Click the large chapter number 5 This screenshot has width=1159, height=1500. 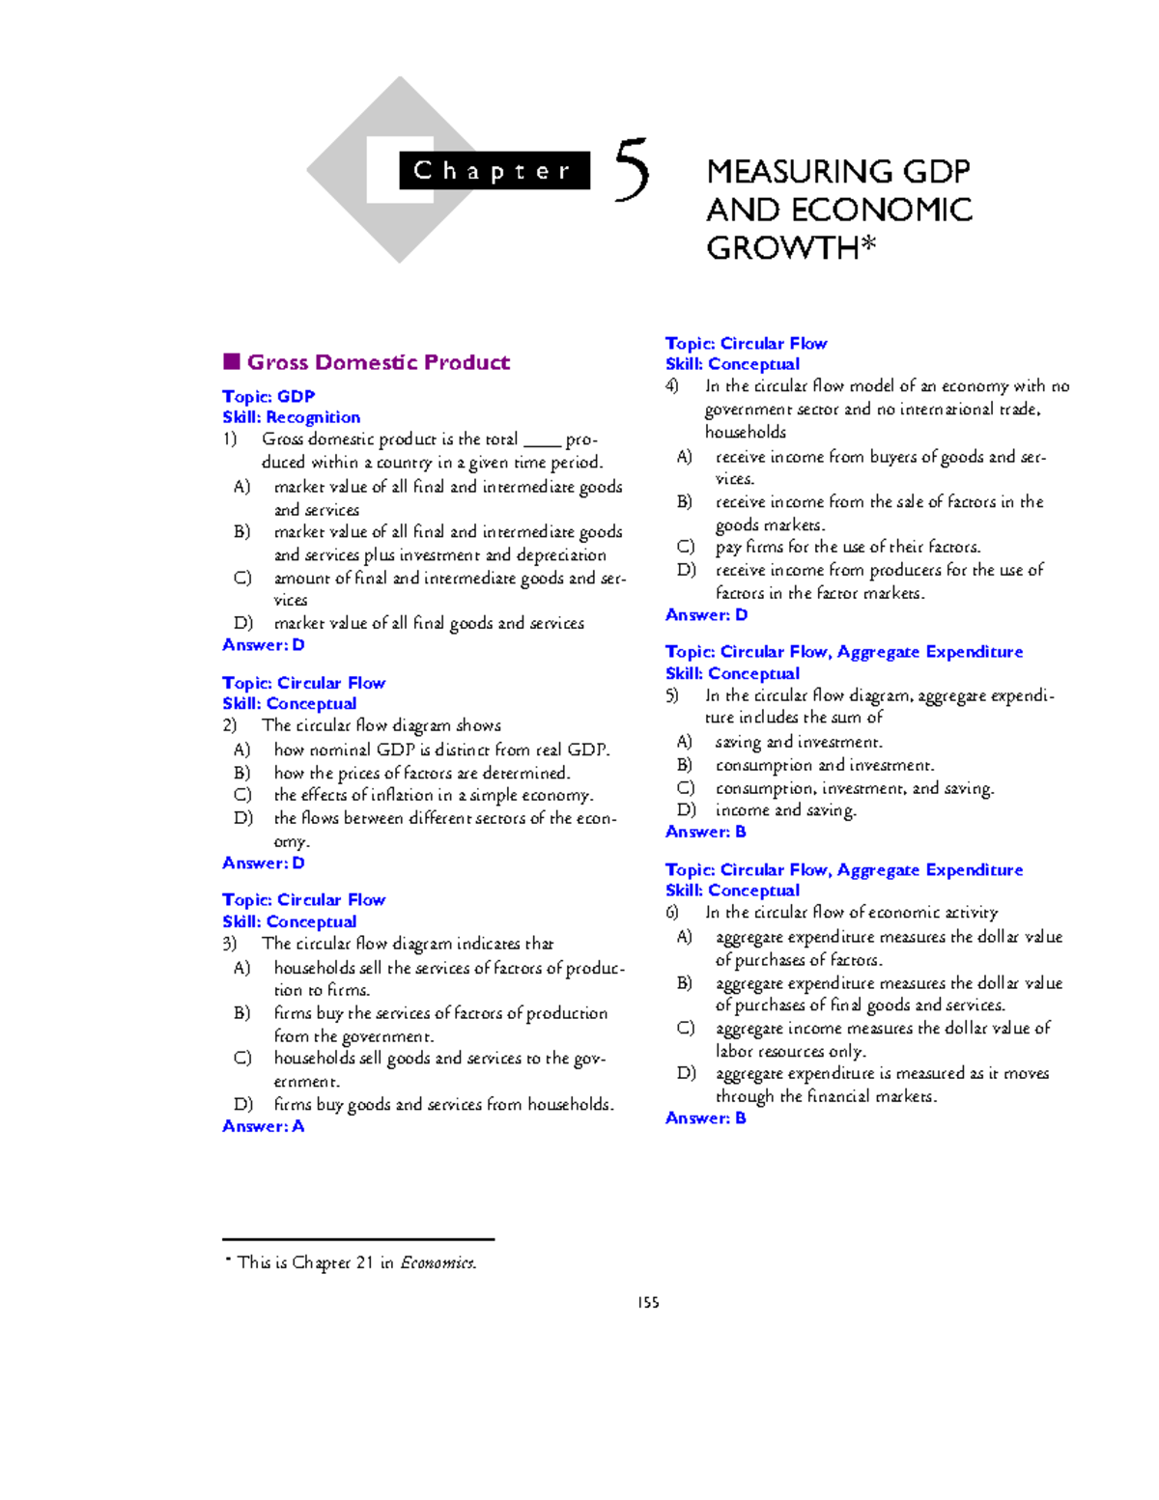632,171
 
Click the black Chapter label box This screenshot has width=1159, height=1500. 494,171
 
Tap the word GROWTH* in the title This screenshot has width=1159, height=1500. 790,248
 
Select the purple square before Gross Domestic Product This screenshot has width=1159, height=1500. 231,362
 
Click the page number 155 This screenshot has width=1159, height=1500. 648,1302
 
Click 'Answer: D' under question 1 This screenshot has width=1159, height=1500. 263,645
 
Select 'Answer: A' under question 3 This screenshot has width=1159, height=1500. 263,1126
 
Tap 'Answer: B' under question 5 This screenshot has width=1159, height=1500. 705,832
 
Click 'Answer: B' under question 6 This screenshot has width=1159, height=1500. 705,1118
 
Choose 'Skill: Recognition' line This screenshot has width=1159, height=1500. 291,417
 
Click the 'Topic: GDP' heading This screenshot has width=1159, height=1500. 269,396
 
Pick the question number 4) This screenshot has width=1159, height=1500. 672,386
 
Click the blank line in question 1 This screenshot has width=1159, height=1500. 542,440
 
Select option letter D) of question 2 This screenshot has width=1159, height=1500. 243,818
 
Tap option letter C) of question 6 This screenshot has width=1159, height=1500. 686,1028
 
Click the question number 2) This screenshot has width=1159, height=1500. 230,725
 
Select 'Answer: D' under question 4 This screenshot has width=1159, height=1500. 706,615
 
